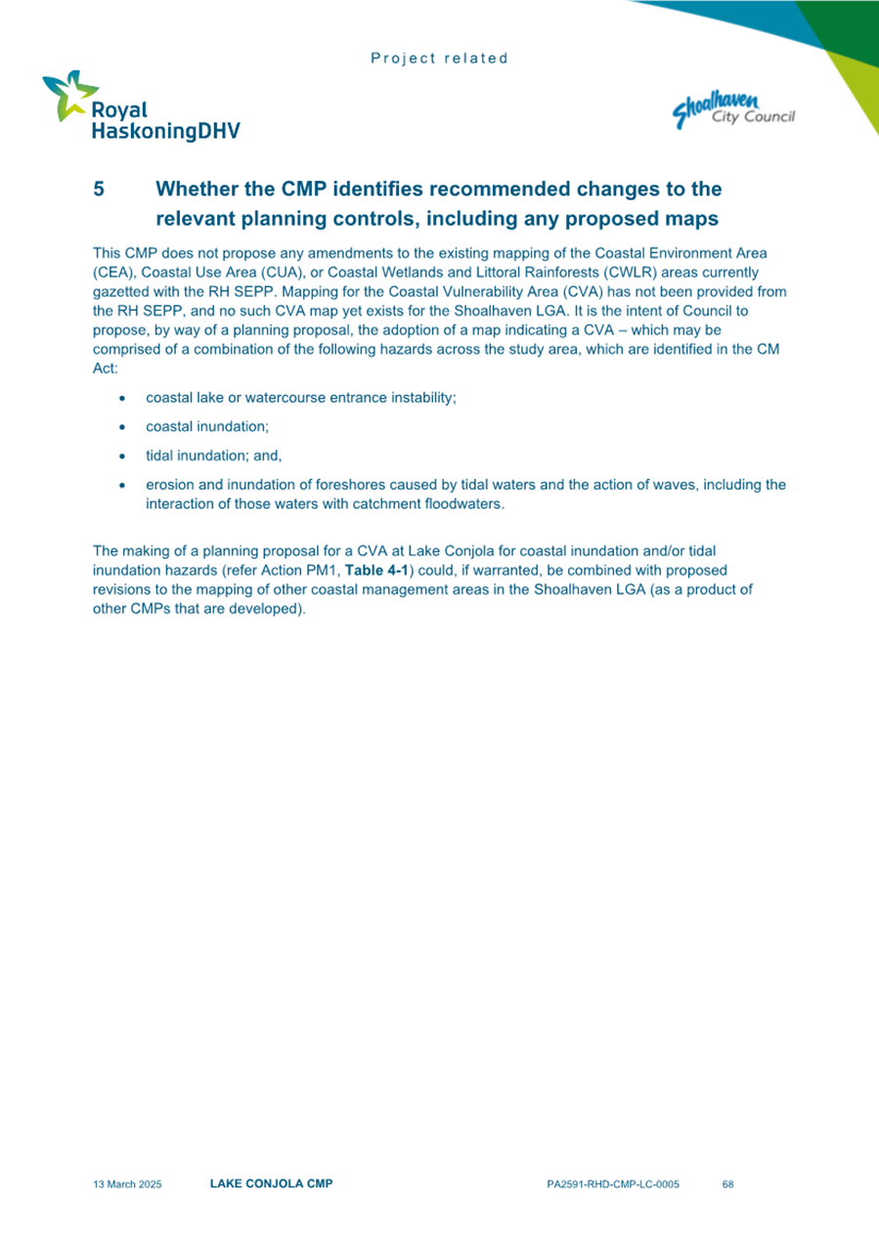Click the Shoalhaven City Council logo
733,109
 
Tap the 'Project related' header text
439,59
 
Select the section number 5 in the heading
98,189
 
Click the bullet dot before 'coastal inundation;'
120,427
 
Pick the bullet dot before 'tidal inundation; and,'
120,455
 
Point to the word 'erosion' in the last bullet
169,485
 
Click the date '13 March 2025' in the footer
127,1184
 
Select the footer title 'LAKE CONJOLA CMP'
271,1183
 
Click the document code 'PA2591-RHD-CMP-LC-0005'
613,1184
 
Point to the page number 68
727,1184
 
